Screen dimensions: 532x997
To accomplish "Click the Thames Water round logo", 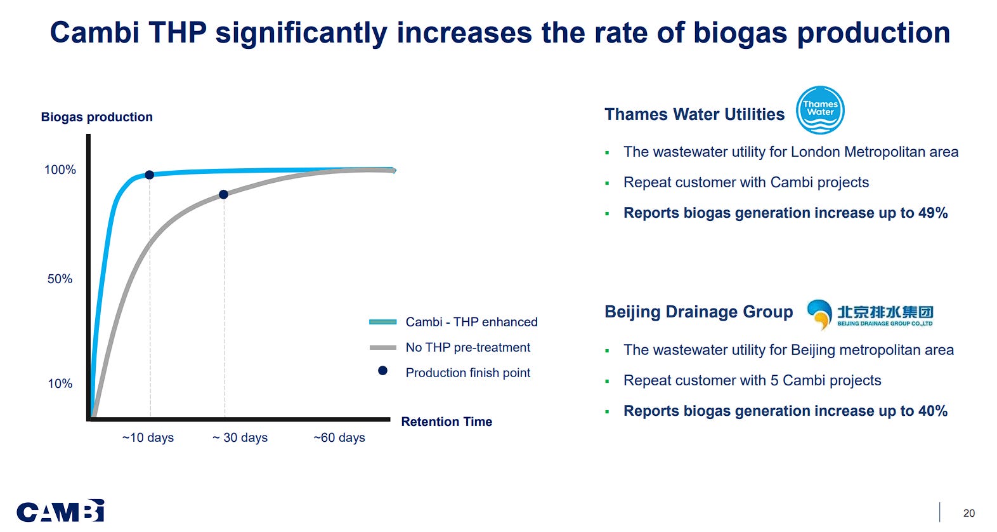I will tap(820, 110).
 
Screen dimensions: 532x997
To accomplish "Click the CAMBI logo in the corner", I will tap(60, 511).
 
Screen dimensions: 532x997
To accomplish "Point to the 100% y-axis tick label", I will tap(60, 170).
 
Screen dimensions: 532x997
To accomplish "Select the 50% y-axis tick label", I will tap(60, 279).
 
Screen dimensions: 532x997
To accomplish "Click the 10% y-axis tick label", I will tap(60, 383).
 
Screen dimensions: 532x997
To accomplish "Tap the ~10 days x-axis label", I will tap(148, 437).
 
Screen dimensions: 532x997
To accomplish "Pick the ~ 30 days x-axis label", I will tap(240, 437).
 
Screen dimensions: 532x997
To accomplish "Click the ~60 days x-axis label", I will tap(339, 437).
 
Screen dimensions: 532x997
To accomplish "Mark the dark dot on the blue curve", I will tap(149, 175).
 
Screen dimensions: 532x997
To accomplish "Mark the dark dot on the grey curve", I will tap(223, 194).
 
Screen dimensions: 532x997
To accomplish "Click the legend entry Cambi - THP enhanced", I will tap(471, 322).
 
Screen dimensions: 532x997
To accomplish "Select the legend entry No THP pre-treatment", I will tap(467, 347).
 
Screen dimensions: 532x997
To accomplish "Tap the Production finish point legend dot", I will tap(382, 371).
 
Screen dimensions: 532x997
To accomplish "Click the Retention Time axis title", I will tap(446, 422).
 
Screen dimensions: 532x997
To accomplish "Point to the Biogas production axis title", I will tap(96, 117).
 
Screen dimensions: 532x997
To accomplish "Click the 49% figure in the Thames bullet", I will tap(932, 213).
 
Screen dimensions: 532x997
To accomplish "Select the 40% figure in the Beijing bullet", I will tap(932, 411).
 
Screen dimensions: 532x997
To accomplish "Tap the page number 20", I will tap(968, 513).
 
